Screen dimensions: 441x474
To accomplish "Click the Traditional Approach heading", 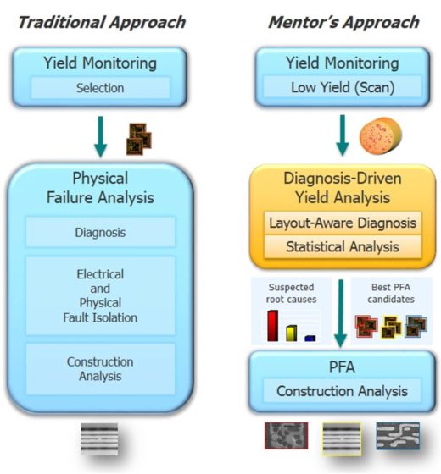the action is (x=102, y=23).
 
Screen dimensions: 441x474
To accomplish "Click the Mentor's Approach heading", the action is (x=343, y=23).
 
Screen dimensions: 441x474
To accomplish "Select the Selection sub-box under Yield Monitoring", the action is (x=100, y=88).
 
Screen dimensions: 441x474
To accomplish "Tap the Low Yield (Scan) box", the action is (x=343, y=87).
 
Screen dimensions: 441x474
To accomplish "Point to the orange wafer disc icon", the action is (x=381, y=135).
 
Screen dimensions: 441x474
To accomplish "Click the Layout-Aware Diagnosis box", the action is (x=343, y=223).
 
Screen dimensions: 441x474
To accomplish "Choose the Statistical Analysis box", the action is (x=343, y=246).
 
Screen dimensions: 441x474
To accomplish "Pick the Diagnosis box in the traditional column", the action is (x=100, y=232).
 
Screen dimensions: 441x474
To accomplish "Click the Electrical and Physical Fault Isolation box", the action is (x=100, y=295).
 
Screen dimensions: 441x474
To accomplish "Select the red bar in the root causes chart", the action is (x=273, y=326).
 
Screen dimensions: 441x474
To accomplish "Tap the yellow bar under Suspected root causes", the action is (x=292, y=333).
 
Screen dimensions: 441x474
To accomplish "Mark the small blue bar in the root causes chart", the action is (x=310, y=339).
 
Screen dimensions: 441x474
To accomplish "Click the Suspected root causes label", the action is (x=291, y=293).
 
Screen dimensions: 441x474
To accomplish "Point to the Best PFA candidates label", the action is (x=391, y=293).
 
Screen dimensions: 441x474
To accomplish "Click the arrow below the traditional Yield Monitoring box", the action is (x=101, y=136).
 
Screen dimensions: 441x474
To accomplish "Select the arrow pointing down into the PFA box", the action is (x=341, y=313).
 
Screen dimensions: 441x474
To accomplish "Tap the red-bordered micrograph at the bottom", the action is (x=287, y=436).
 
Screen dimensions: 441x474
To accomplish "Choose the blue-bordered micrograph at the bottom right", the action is (x=398, y=436).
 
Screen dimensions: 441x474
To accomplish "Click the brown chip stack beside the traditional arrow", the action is (x=139, y=139).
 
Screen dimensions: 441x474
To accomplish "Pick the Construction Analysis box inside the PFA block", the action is (x=342, y=391).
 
